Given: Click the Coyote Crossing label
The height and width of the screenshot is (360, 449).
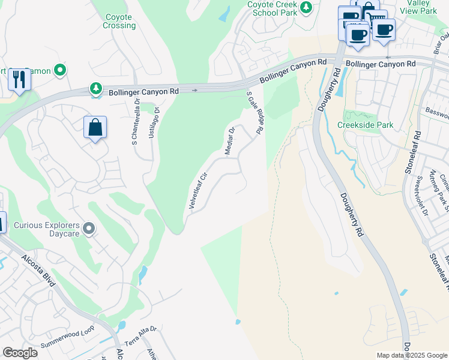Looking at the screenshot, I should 119,22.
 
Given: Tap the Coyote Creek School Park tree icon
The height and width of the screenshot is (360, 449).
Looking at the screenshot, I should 306,7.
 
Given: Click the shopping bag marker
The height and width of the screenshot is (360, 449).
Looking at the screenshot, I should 95,127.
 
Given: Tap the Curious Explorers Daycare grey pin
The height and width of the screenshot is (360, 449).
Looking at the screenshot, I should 89,229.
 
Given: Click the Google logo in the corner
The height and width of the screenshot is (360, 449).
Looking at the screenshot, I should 20,353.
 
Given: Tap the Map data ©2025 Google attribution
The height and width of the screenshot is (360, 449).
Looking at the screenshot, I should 411,355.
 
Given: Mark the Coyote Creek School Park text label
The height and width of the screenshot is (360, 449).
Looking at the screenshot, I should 273,8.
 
